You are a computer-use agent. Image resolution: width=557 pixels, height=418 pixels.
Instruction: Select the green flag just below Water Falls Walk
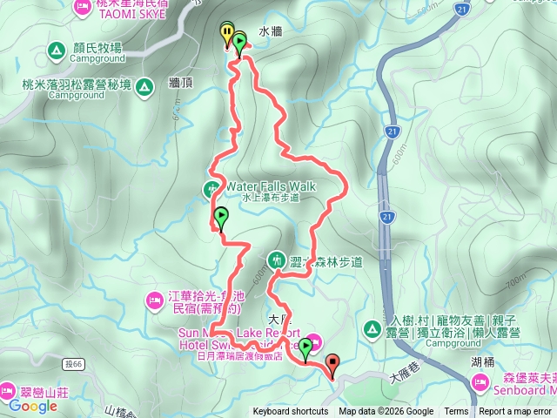coord(221,218)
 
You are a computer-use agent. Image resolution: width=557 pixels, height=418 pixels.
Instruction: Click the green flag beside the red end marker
coord(305,349)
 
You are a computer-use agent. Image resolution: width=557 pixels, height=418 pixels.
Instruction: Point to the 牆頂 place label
coord(180,84)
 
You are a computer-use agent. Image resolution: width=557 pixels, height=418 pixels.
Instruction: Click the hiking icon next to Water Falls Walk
coord(212,187)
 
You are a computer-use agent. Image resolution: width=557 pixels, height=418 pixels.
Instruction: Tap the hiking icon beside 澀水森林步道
coord(277,260)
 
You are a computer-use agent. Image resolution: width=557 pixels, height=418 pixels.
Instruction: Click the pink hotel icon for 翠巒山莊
coord(10,390)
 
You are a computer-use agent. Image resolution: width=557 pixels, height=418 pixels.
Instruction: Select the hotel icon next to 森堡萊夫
coord(481,381)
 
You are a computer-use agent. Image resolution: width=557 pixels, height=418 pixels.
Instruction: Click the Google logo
coord(33,406)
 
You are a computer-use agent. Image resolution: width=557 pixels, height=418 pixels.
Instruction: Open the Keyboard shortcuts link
coord(291,412)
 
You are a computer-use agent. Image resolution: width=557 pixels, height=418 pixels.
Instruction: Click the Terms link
coord(456,412)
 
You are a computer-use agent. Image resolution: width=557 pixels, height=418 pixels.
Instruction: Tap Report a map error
coord(516,412)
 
